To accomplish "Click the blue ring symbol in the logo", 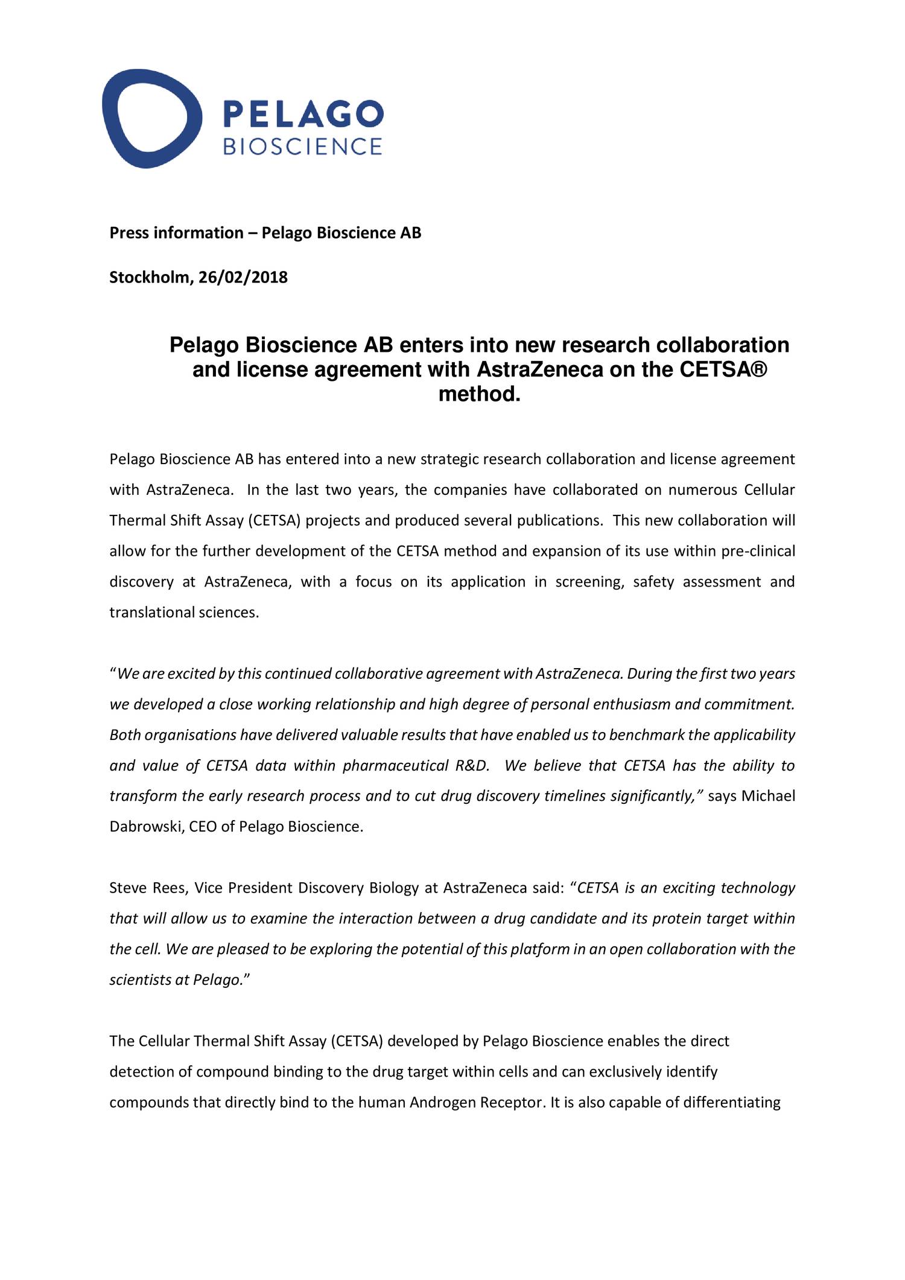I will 151,118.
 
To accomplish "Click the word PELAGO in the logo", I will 303,114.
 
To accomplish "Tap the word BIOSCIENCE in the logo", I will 303,147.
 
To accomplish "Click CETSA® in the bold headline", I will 723,369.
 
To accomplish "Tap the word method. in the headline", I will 479,394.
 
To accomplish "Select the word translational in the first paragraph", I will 144,613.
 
